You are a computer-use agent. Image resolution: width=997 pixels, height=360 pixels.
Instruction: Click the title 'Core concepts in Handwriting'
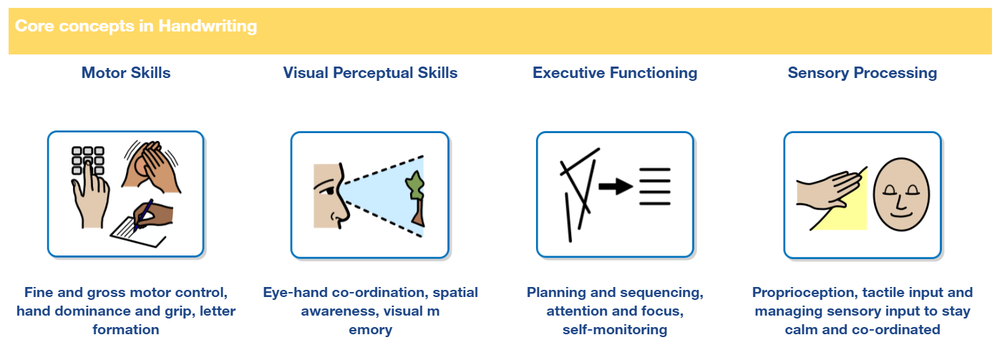[x=136, y=27]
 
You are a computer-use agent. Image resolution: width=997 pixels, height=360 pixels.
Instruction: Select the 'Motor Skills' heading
[x=126, y=73]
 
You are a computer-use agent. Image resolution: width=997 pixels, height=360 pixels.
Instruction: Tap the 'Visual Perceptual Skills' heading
[x=370, y=73]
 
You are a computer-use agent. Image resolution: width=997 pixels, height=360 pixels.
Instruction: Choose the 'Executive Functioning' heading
[x=615, y=73]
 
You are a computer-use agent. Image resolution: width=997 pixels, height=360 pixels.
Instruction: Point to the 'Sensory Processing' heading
[x=862, y=73]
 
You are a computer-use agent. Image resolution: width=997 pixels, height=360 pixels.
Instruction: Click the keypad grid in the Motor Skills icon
[x=88, y=160]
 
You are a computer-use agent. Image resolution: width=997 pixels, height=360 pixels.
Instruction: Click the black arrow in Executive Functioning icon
[x=615, y=188]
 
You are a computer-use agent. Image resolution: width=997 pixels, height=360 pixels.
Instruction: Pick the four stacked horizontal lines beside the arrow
[x=654, y=187]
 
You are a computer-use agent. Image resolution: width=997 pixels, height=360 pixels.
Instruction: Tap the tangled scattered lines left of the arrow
[x=578, y=190]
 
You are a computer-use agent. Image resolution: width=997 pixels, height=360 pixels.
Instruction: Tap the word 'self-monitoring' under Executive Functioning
[x=615, y=330]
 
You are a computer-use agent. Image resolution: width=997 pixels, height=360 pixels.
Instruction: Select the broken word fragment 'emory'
[x=370, y=330]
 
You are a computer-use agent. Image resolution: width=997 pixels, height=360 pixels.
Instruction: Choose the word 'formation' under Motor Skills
[x=126, y=330]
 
